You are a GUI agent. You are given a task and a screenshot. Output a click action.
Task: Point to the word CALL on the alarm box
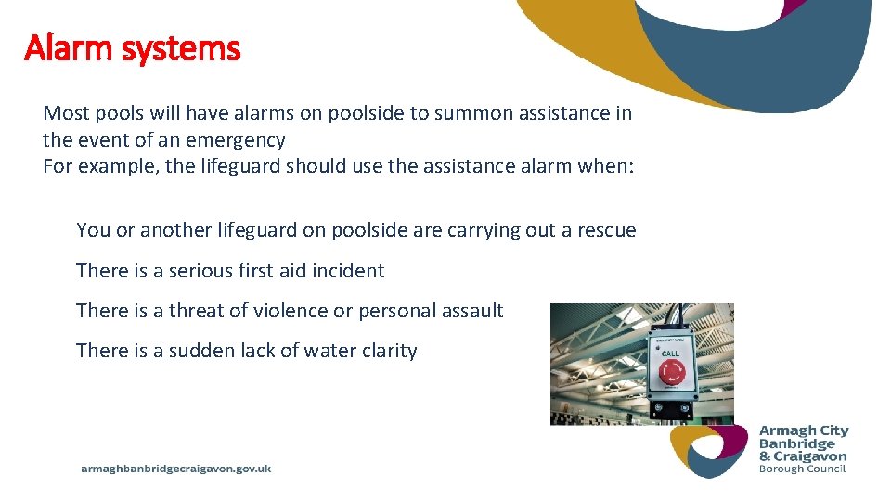[x=670, y=353]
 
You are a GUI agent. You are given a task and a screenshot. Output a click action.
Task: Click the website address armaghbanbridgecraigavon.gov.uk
[x=176, y=469]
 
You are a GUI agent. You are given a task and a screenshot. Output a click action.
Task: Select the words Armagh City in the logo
[x=804, y=431]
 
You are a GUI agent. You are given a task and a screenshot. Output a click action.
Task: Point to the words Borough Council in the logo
[x=802, y=469]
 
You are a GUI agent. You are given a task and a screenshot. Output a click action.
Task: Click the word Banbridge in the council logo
[x=797, y=443]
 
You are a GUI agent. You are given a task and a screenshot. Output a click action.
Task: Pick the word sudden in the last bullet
[x=200, y=351]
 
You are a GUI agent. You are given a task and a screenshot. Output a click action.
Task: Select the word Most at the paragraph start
[x=65, y=114]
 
